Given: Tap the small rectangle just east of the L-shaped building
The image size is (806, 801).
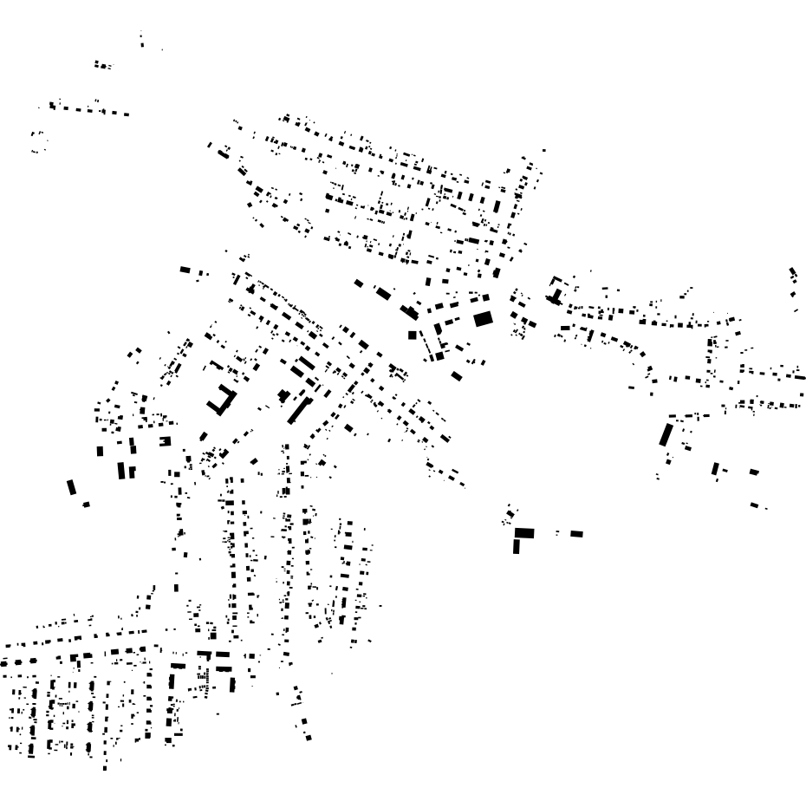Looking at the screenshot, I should point(576,534).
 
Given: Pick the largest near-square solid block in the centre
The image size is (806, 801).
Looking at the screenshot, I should point(483,319).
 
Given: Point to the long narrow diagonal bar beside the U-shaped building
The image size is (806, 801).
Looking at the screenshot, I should point(299,408).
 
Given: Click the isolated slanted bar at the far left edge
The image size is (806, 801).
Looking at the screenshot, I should point(72,487).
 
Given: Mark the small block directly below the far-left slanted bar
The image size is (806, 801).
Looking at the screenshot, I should point(86,505).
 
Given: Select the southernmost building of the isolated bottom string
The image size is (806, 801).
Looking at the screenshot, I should point(308,738).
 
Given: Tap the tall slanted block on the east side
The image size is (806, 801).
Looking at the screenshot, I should point(666,433).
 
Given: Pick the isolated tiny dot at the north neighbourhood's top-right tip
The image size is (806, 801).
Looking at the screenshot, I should point(543,150).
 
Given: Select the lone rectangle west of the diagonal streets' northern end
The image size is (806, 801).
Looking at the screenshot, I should point(185,270).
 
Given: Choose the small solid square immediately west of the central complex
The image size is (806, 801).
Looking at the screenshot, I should point(413,335).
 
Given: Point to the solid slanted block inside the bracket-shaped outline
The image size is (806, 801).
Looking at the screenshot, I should point(556,296).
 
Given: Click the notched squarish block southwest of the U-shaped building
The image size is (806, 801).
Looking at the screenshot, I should point(164,440).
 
